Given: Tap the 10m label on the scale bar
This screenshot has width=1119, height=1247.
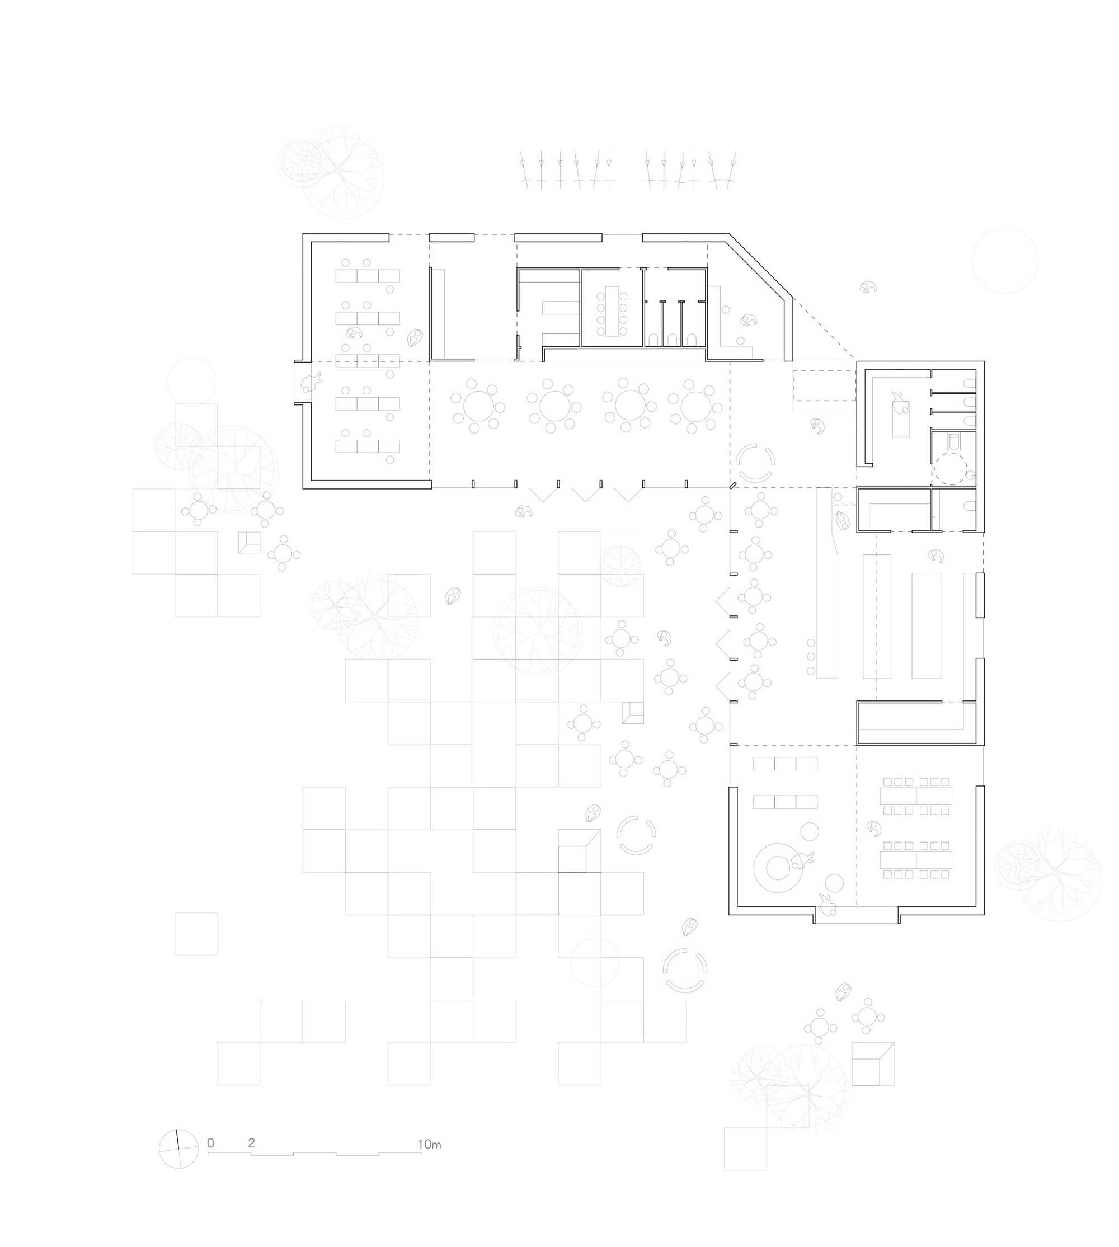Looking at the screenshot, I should (x=429, y=1144).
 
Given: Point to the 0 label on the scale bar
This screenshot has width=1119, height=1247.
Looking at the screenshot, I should (x=210, y=1143).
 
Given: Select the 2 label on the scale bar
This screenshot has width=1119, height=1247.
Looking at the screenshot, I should (x=251, y=1143).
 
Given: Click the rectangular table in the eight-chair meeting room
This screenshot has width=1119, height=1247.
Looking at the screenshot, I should (x=612, y=311).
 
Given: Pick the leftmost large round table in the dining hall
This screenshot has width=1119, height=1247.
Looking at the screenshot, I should (x=478, y=406).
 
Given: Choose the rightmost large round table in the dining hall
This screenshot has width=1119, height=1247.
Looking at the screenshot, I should (x=695, y=406).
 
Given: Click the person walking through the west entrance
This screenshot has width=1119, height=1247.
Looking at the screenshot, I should (x=311, y=383).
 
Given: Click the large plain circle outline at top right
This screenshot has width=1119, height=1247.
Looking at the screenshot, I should (x=1005, y=260).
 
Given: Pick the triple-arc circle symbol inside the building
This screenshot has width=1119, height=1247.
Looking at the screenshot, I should (x=755, y=463).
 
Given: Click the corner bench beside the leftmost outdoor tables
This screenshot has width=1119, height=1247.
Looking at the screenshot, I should (x=250, y=542).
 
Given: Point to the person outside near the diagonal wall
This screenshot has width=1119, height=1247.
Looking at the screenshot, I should (x=868, y=286).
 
